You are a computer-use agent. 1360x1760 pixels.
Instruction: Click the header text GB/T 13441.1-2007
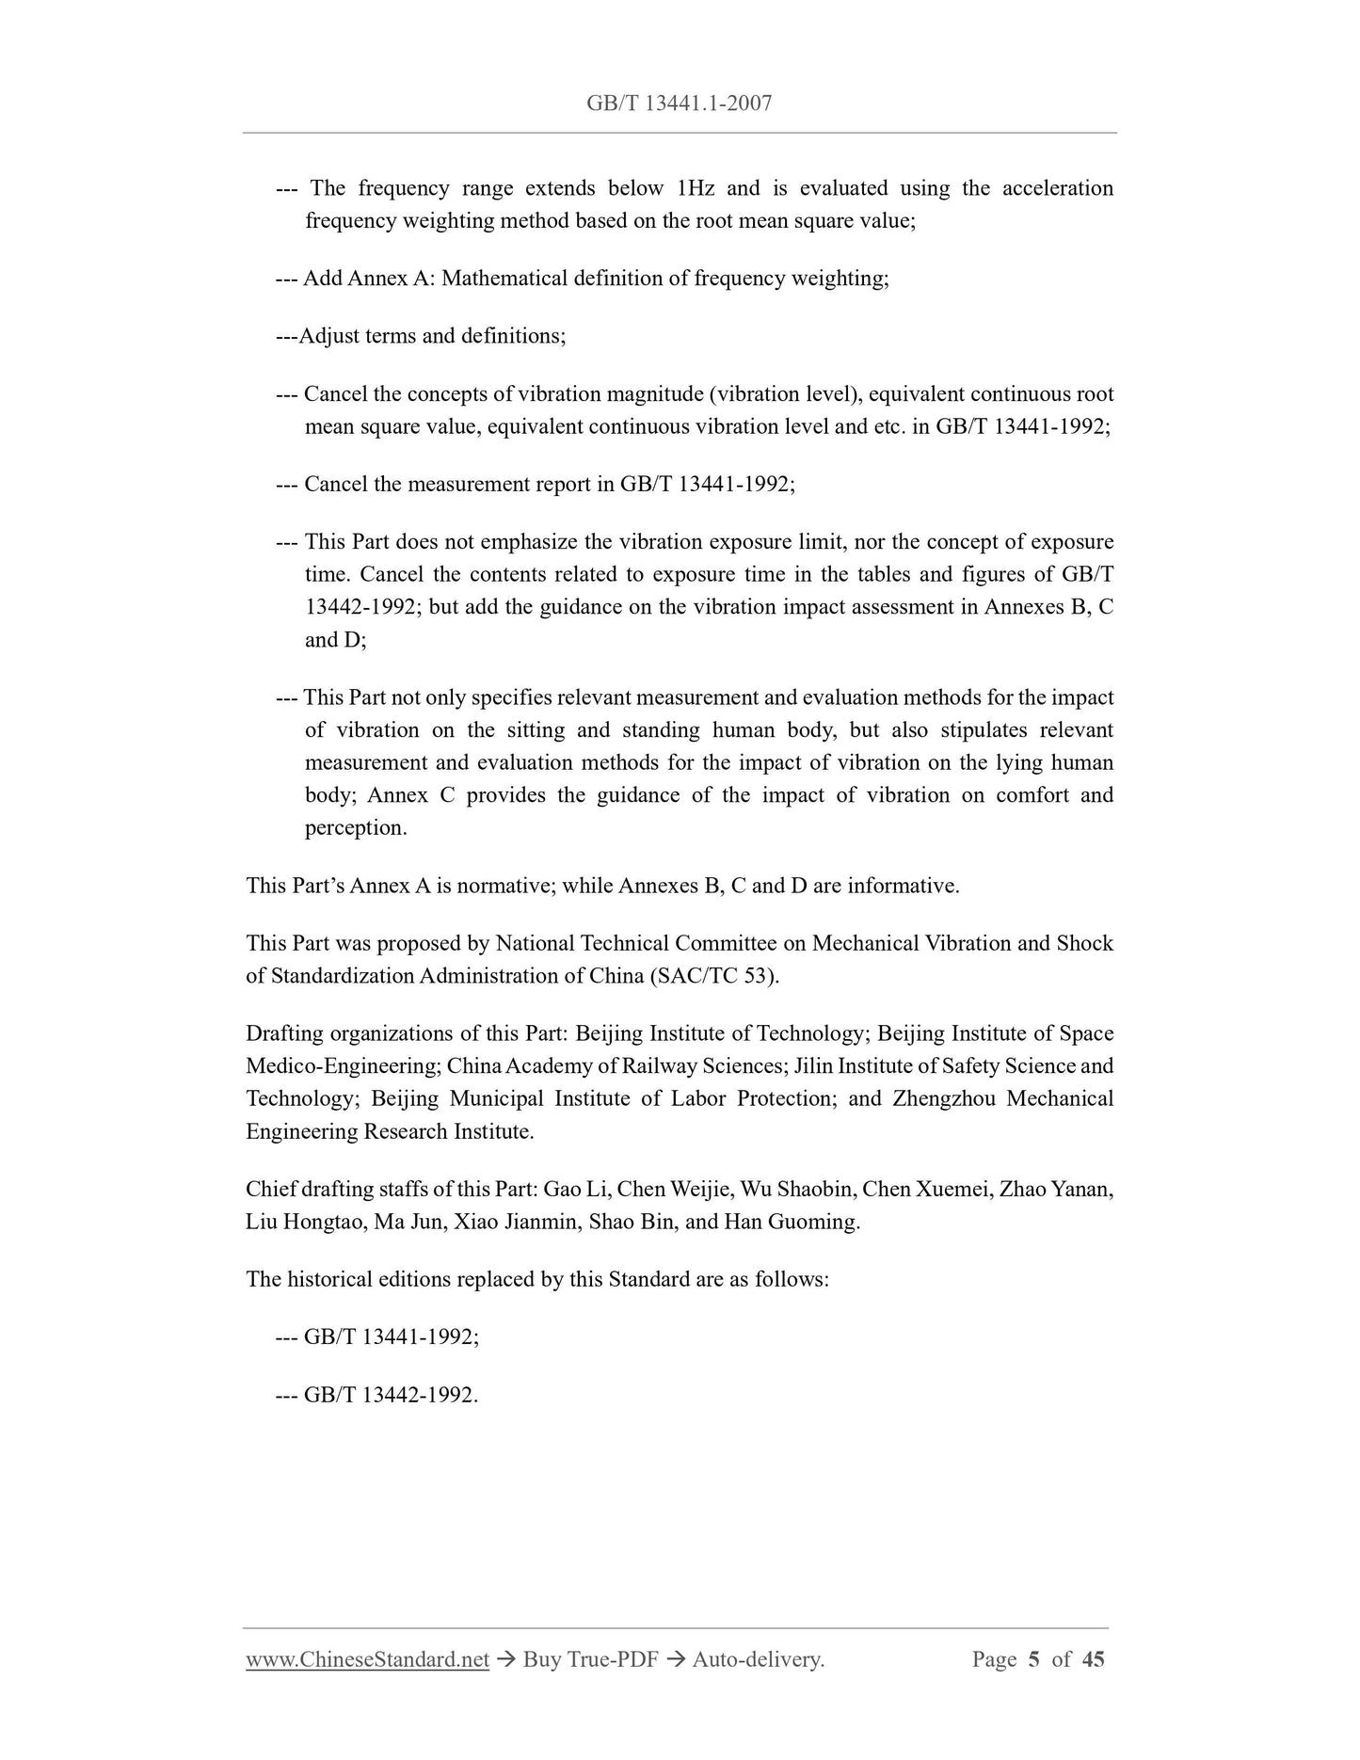point(679,104)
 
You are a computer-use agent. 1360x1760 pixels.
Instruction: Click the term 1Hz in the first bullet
point(696,188)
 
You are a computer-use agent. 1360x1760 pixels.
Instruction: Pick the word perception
point(356,828)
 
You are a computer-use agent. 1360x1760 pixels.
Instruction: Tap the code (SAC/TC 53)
point(714,976)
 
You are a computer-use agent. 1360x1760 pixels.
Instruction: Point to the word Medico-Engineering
point(343,1066)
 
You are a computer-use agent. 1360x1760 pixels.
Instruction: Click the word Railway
point(661,1066)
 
